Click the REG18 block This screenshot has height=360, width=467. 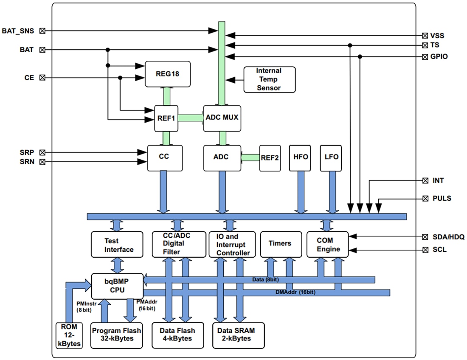pos(168,74)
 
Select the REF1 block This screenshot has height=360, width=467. pos(166,118)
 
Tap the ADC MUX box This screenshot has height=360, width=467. pos(222,118)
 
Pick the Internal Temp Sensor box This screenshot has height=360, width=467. pos(269,79)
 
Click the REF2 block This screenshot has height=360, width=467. pos(270,157)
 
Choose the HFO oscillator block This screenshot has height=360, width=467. pos(301,157)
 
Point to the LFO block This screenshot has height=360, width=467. pos(331,157)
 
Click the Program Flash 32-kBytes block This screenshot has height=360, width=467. pos(116,335)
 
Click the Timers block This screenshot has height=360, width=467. pos(280,244)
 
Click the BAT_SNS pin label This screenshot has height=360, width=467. pos(18,31)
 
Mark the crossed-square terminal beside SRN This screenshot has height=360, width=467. pos(42,162)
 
